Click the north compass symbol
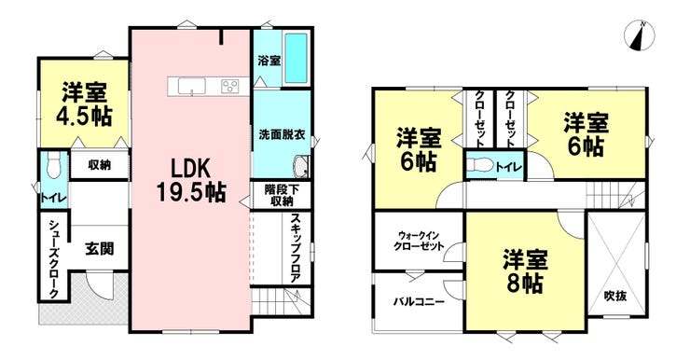coord(640,35)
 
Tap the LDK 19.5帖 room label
coord(191,180)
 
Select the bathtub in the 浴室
coord(296,59)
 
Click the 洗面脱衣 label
coord(282,134)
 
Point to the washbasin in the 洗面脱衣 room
coord(301,167)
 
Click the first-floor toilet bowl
coord(53,165)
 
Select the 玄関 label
coord(100,248)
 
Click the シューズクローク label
coord(53,258)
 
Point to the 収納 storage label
coord(100,165)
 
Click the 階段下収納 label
coord(282,196)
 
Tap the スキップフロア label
coord(296,248)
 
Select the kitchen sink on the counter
coord(191,86)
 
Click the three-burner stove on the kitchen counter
coord(229,86)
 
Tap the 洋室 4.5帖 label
coord(84,104)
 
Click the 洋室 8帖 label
coord(525,271)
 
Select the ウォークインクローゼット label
coord(419,241)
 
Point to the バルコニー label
coord(419,302)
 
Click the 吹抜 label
coord(615,296)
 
